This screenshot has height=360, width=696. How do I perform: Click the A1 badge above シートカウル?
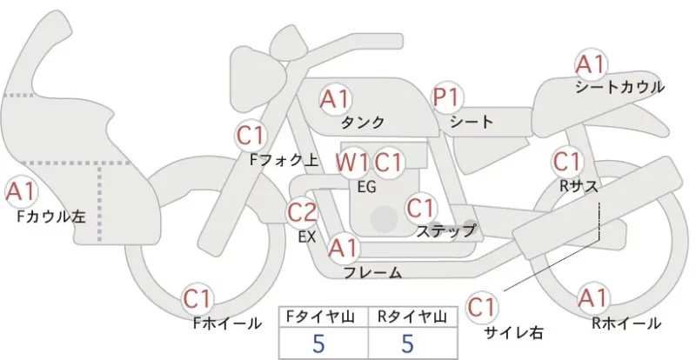(x=591, y=65)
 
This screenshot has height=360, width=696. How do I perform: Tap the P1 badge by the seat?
(x=447, y=97)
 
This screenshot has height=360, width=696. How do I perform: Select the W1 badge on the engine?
(x=351, y=163)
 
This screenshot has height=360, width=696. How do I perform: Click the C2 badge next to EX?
(x=302, y=213)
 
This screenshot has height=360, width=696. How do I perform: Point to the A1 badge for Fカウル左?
(x=21, y=193)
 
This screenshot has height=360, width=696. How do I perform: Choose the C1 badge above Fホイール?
(x=197, y=299)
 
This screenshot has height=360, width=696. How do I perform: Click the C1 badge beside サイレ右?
(x=482, y=307)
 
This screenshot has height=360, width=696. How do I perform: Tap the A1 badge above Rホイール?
(x=592, y=298)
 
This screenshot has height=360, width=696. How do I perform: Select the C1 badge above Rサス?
(x=567, y=162)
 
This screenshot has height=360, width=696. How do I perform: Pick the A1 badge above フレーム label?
(x=343, y=249)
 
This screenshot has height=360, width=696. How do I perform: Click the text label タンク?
(x=363, y=123)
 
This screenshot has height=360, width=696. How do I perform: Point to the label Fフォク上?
(x=284, y=160)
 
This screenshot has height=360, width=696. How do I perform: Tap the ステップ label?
(x=445, y=231)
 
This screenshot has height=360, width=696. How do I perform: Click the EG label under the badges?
(x=366, y=187)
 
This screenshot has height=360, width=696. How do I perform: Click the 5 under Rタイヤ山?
(x=408, y=343)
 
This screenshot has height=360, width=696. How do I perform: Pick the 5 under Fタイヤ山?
(x=318, y=343)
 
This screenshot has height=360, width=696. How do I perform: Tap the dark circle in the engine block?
(x=384, y=219)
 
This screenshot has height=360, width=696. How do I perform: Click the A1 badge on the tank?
(x=335, y=99)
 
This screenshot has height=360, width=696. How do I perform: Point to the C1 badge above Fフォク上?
(x=251, y=136)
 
